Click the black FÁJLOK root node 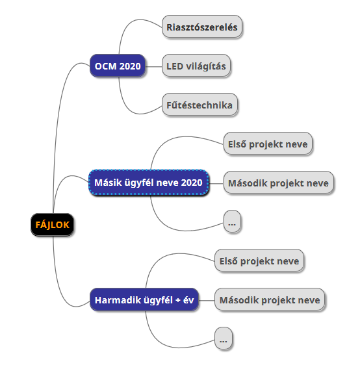(52, 225)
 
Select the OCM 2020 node (118, 66)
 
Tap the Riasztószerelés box (202, 27)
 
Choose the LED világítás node (196, 66)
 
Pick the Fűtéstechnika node (199, 105)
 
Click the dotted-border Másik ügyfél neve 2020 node (149, 183)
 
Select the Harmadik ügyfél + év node (144, 299)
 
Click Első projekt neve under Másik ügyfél (268, 144)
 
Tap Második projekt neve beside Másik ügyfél (278, 183)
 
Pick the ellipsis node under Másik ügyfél (232, 222)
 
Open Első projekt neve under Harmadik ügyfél (259, 261)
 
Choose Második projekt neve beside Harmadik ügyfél (270, 299)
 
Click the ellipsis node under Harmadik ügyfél (224, 338)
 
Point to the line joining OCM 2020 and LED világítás (153, 66)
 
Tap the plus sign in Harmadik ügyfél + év (177, 300)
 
